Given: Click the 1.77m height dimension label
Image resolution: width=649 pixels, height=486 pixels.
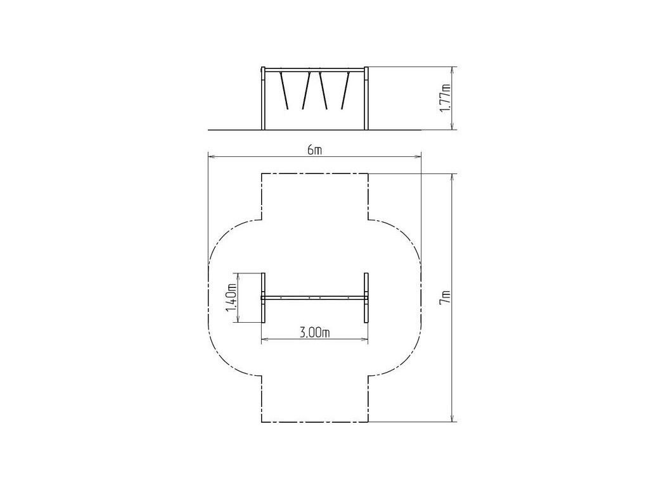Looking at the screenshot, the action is pyautogui.click(x=446, y=98).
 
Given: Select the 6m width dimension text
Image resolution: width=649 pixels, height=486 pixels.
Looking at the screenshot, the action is pyautogui.click(x=314, y=150).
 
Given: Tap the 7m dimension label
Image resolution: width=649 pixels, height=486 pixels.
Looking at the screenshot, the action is pyautogui.click(x=446, y=297).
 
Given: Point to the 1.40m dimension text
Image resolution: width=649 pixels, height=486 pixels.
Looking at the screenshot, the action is pyautogui.click(x=231, y=297).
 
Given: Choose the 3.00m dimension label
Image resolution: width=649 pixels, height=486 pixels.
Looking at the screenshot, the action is pyautogui.click(x=314, y=333).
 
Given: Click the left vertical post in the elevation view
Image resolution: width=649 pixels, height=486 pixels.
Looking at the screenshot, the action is pyautogui.click(x=263, y=98).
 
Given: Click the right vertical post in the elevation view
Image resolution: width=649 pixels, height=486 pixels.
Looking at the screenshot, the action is pyautogui.click(x=366, y=98).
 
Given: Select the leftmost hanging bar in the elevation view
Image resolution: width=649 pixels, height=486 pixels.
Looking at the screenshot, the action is pyautogui.click(x=285, y=90).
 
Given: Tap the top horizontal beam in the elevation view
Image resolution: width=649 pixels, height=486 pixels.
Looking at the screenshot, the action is pyautogui.click(x=314, y=70).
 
